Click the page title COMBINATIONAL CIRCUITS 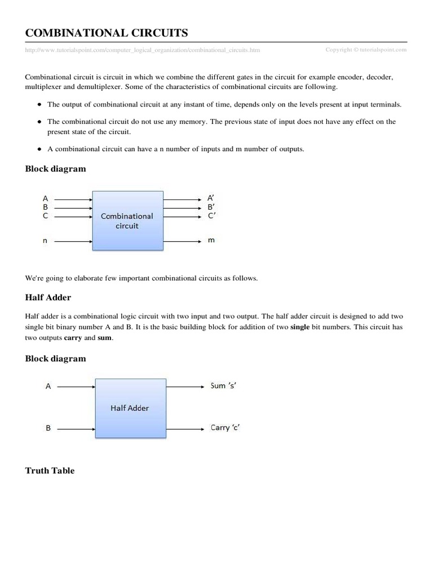(107, 33)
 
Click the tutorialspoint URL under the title (143, 50)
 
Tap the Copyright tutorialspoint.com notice (366, 50)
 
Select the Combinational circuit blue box (127, 220)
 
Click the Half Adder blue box (130, 407)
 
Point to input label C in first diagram (46, 216)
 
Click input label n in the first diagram (46, 241)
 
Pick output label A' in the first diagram (211, 198)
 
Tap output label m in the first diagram (211, 241)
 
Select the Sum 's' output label (226, 386)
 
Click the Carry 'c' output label (226, 428)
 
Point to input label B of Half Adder (48, 428)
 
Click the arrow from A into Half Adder (76, 387)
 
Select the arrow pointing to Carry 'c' (185, 428)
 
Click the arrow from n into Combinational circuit (74, 241)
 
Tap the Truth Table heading (50, 471)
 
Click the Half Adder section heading (48, 297)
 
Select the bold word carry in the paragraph (73, 338)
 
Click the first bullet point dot (38, 105)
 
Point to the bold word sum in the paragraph (104, 338)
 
